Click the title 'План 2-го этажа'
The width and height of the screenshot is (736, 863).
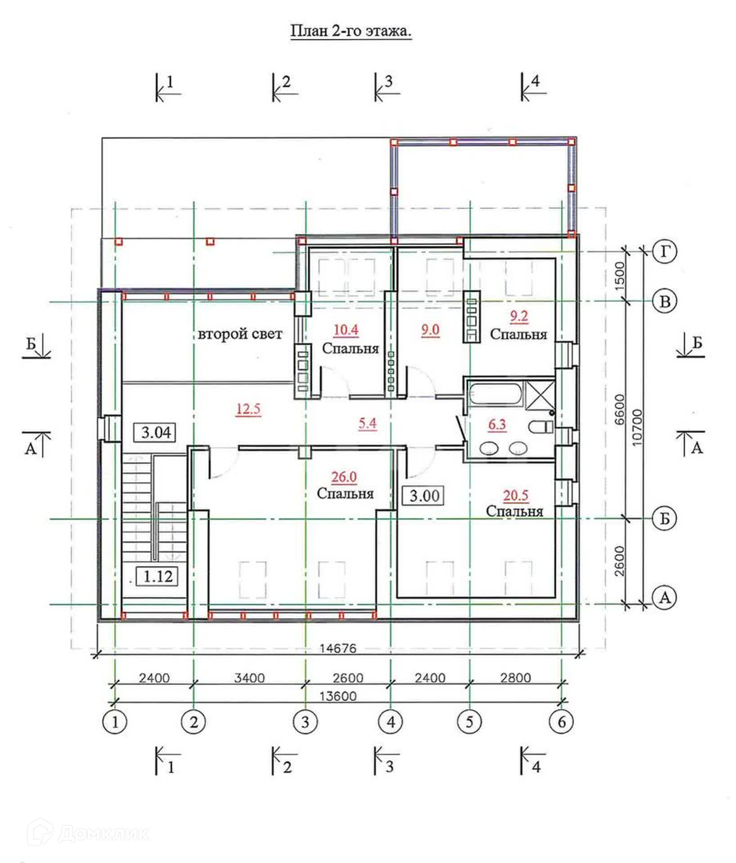pos(351,31)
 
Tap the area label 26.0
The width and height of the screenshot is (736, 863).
pos(344,477)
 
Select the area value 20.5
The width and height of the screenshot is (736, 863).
pos(515,495)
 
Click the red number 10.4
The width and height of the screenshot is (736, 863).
pos(346,330)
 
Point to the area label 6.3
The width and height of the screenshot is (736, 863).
pos(497,424)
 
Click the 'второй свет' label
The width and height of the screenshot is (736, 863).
pos(240,334)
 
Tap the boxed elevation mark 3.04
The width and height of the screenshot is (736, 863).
pos(156,432)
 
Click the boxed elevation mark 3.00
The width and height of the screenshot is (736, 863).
pos(424,496)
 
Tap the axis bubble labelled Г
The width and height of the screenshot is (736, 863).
pos(665,252)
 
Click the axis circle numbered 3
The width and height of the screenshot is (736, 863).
pos(305,721)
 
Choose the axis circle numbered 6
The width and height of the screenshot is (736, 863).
pos(562,721)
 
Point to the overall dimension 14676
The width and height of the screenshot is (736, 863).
pos(338,648)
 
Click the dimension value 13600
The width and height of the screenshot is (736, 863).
pos(338,696)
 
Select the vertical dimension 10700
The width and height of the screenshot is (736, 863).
pos(638,427)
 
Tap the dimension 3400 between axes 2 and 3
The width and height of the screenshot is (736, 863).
pos(250,678)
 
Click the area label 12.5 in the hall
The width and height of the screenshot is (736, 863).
pos(248,409)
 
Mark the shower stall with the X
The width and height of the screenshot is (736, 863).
pos(540,394)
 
